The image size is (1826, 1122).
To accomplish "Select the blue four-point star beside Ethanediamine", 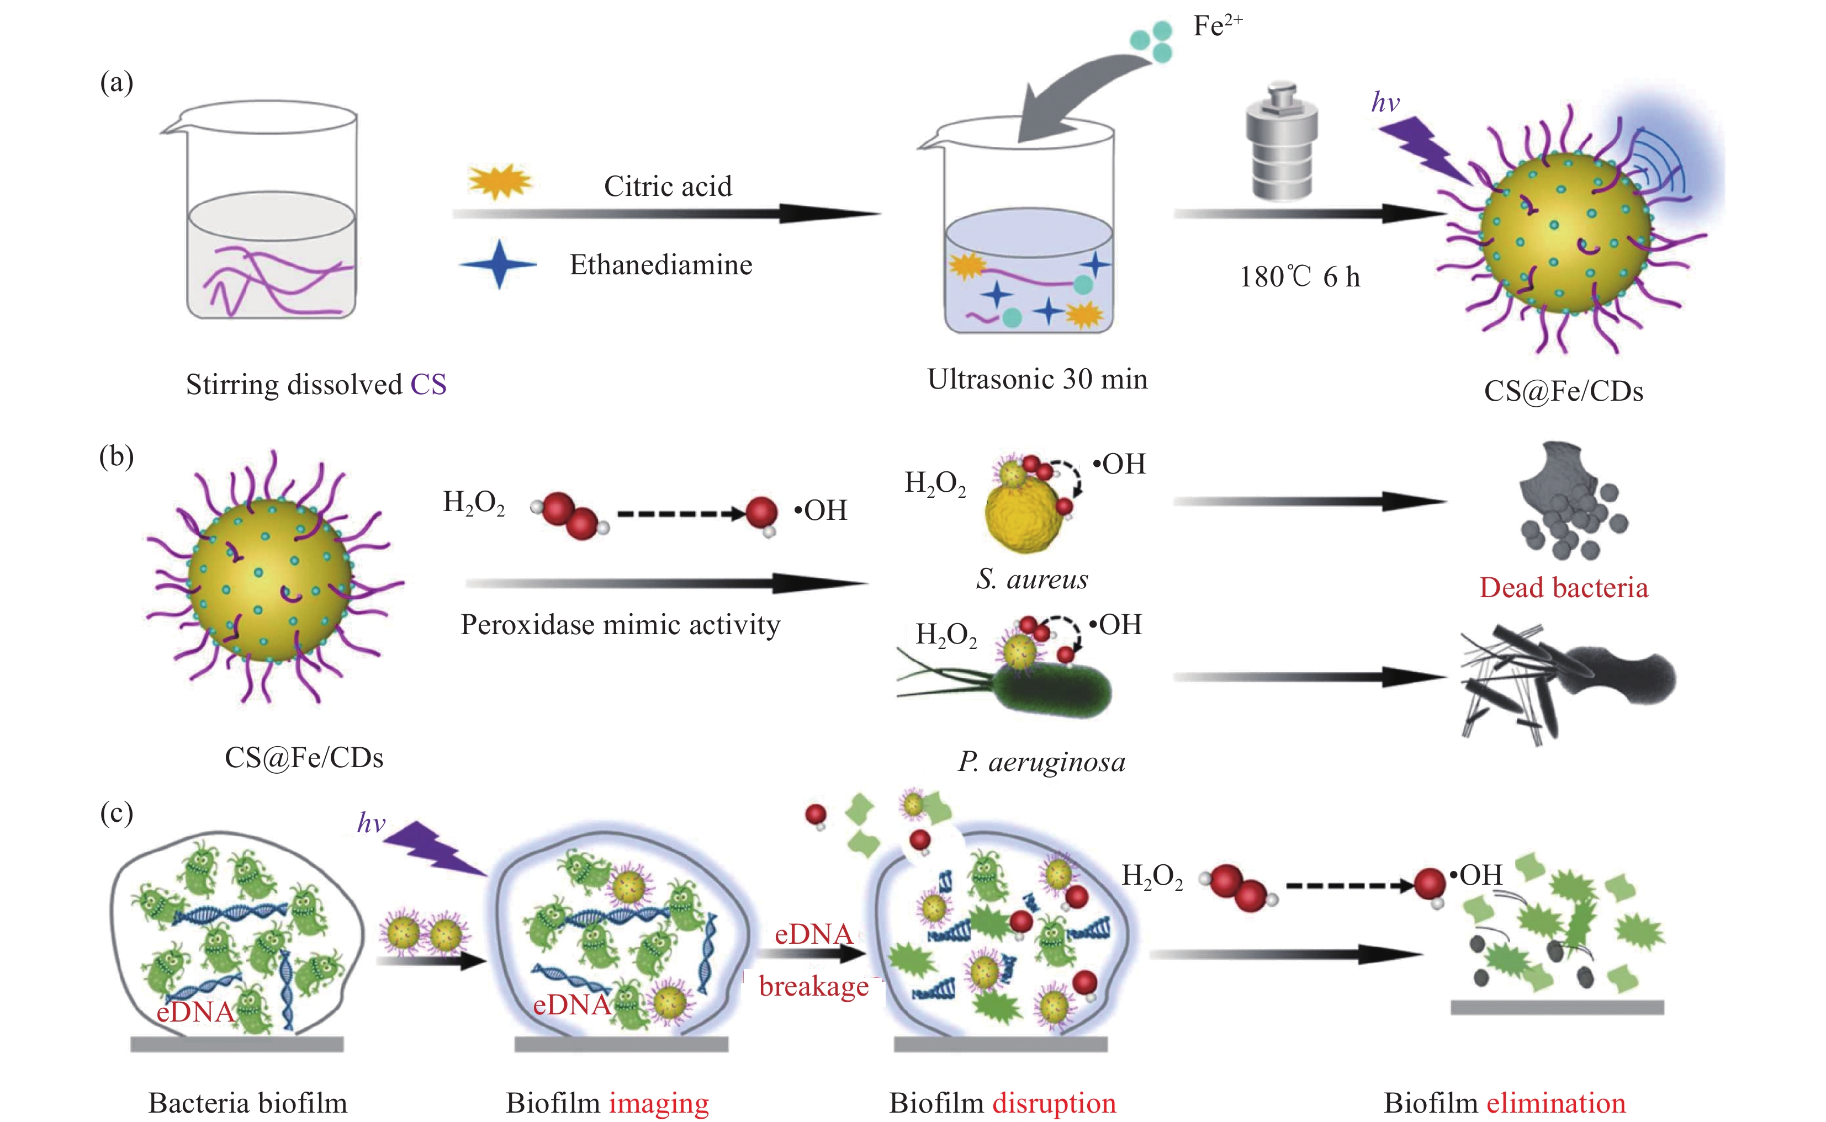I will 499,264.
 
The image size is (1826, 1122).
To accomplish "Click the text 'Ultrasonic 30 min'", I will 1037,379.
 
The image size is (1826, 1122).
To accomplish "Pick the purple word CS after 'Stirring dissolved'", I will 428,384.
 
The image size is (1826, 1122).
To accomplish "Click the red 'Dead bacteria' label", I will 1563,587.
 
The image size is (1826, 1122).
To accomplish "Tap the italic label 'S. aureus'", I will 1032,579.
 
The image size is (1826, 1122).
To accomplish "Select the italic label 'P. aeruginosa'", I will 1041,762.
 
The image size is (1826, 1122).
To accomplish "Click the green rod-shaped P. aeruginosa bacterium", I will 1054,690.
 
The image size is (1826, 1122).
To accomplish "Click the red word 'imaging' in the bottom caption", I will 659,1103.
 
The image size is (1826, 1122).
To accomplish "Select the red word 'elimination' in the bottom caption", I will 1556,1103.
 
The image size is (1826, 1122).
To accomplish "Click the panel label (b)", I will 117,456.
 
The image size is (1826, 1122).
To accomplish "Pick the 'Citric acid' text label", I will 668,186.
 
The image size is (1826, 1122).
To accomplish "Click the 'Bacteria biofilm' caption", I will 247,1103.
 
